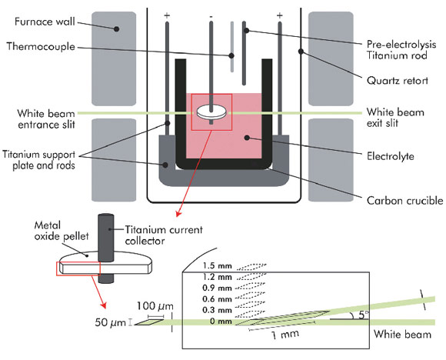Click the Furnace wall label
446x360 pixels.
(45, 22)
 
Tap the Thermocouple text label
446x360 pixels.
(41, 46)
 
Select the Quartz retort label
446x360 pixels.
(398, 81)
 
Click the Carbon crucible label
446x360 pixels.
(404, 201)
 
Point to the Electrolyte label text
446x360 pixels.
(391, 156)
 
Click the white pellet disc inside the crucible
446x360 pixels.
(212, 113)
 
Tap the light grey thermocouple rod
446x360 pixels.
(232, 47)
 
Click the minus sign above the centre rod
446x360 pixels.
(211, 17)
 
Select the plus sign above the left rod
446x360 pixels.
(167, 15)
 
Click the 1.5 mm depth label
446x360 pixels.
(217, 266)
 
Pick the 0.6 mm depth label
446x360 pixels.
(217, 299)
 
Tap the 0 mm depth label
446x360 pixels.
(221, 322)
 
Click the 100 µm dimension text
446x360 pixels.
(155, 306)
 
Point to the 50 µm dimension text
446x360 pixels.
(110, 322)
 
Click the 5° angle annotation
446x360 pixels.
(363, 315)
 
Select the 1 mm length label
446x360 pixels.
(285, 335)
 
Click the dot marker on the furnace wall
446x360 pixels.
(116, 28)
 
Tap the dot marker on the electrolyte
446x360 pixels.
(247, 138)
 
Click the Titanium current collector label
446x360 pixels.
(164, 235)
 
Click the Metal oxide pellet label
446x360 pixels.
(62, 231)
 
